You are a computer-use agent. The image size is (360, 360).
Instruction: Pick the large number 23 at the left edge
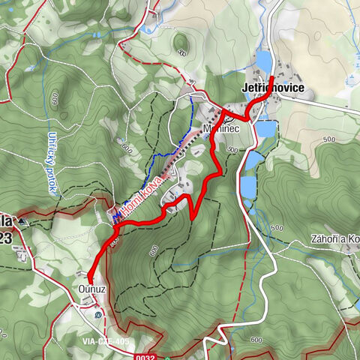tap(5, 239)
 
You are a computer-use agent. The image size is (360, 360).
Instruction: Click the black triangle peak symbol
tap(22, 222)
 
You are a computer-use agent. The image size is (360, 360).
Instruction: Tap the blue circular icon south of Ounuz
tap(100, 316)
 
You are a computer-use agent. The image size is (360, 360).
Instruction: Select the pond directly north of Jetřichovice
tap(264, 61)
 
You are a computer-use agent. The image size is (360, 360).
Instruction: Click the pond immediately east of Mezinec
tap(267, 130)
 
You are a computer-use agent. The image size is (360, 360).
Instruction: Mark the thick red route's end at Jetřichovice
tap(271, 77)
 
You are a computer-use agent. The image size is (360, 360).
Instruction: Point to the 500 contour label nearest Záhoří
tap(277, 227)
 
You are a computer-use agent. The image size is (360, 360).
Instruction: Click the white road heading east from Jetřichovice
tap(330, 106)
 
